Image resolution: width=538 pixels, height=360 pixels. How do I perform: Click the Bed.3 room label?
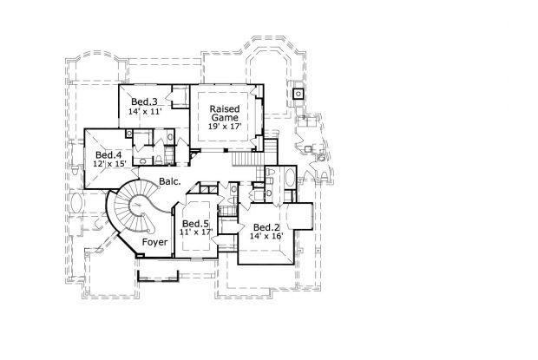(x=144, y=102)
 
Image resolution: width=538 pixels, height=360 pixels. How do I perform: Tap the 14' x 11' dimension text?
(x=146, y=113)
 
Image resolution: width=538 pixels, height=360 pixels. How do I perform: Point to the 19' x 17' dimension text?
(x=224, y=127)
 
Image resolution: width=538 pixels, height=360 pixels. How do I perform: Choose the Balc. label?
(x=170, y=182)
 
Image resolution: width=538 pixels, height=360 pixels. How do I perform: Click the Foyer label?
(x=155, y=244)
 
